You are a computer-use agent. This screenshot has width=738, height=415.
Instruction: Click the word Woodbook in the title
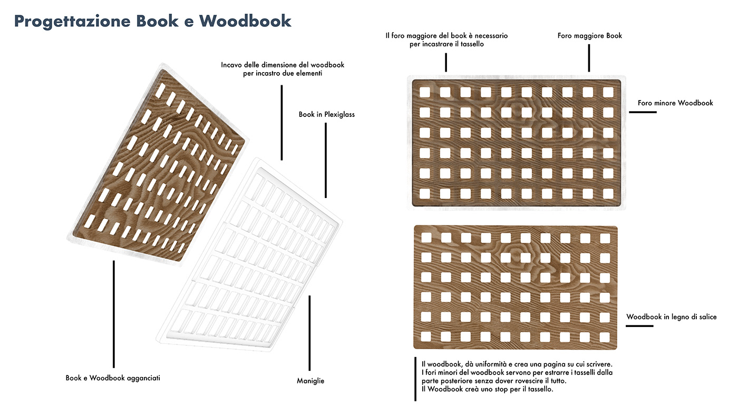tap(245, 21)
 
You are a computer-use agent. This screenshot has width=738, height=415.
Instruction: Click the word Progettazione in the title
tap(72, 21)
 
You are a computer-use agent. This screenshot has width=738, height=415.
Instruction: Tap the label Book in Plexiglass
tap(326, 114)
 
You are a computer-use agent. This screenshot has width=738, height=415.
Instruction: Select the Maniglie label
tap(310, 381)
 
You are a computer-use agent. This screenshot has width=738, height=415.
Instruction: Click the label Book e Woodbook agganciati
tap(113, 378)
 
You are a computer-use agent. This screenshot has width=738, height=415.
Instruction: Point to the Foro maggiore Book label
tap(590, 36)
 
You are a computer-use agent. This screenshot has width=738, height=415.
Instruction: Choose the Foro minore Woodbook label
tap(675, 103)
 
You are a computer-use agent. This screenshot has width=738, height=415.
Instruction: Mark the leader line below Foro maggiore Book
tap(589, 58)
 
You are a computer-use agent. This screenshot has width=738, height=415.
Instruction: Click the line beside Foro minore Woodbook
tap(643, 112)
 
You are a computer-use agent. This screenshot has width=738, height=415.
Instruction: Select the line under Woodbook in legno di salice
tap(639, 326)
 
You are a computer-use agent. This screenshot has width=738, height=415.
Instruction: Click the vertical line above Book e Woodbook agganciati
tap(113, 314)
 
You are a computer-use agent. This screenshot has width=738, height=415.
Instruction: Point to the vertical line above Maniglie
tap(309, 333)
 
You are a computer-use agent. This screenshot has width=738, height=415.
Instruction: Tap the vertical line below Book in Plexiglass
tap(326, 160)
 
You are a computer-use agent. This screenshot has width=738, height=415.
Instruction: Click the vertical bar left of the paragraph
tap(415, 379)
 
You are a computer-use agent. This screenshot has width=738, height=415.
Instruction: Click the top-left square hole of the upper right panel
tap(424, 92)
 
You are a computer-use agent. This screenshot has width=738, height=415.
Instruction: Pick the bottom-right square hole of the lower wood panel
tap(605, 336)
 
